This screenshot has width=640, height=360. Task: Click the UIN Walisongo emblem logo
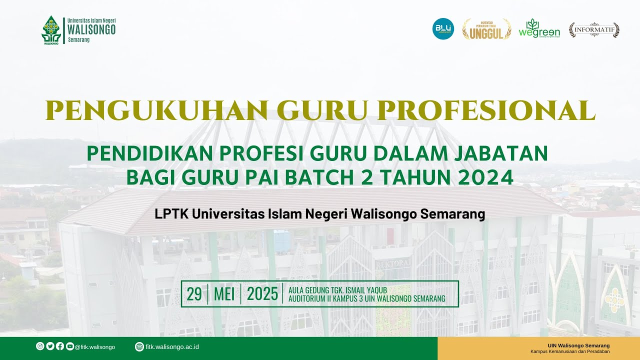[x=50, y=30]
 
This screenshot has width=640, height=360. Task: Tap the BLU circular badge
[x=443, y=29]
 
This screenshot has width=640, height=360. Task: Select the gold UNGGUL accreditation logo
[x=486, y=29]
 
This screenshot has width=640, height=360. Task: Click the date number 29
[x=194, y=294]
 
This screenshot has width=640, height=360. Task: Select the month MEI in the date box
[x=224, y=294]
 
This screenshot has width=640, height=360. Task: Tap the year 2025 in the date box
[x=262, y=294]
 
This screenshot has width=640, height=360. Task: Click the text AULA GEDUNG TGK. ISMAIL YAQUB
[x=338, y=290]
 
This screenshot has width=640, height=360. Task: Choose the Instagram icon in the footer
[x=40, y=346]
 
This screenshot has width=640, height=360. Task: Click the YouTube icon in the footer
[x=70, y=346]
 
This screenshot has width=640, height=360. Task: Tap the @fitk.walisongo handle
[x=95, y=347]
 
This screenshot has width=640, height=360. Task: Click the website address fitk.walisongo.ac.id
[x=172, y=347]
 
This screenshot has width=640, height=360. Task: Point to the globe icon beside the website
[x=139, y=347]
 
